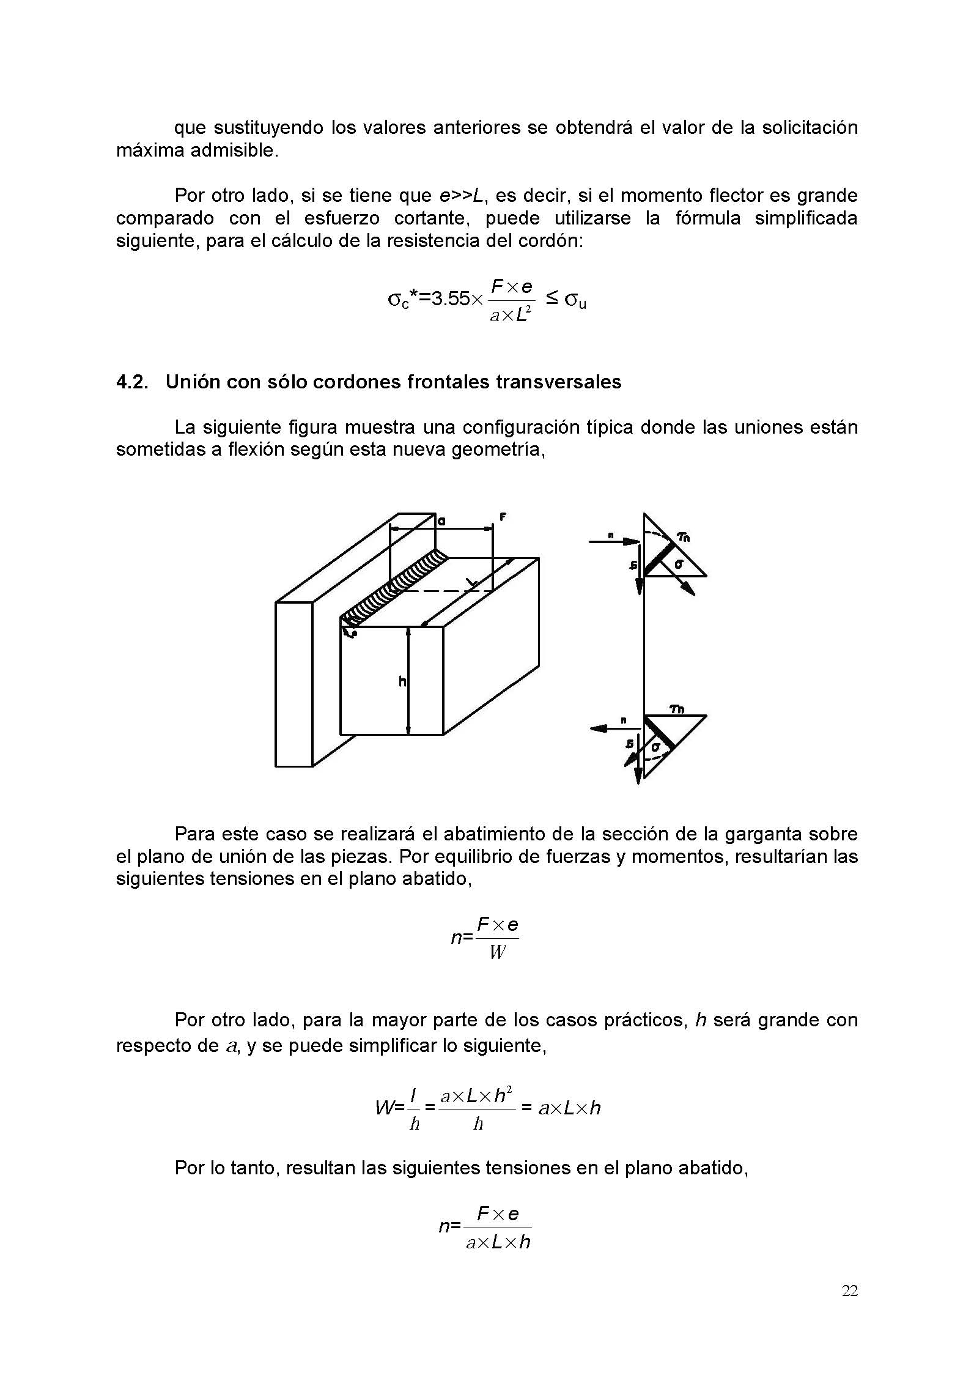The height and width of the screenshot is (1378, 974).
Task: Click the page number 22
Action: (x=849, y=1291)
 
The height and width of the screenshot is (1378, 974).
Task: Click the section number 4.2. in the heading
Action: (x=133, y=382)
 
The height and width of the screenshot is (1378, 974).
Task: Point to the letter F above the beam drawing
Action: (x=503, y=517)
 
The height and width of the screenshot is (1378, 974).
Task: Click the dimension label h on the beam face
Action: (x=402, y=681)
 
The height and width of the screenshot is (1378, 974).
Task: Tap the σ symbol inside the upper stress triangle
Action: (x=679, y=564)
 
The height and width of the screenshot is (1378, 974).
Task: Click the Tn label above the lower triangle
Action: (x=677, y=709)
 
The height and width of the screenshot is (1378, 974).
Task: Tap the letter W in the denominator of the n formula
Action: (x=497, y=953)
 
